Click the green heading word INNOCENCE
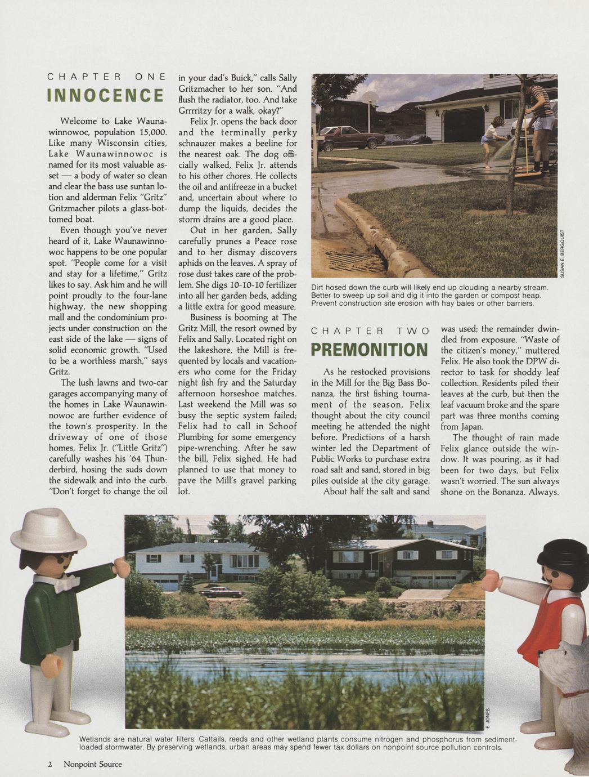pos(106,96)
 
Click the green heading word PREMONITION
pos(369,350)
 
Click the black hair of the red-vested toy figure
pos(563,555)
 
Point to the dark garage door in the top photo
pos(464,124)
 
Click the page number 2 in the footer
pos(50,764)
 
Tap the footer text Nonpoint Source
pos(92,764)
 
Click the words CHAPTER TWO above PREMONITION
pos(369,331)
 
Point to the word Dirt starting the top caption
pos(318,288)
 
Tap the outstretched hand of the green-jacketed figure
pos(121,565)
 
